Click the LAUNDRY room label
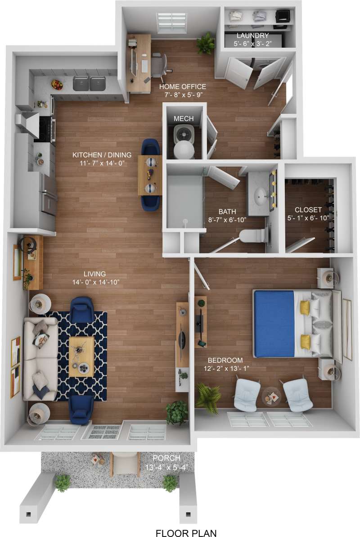coord(252,36)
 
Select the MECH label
coord(184,119)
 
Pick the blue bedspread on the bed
coord(274,323)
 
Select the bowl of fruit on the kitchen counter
coord(57,84)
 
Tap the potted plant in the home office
coord(207,42)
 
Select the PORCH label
coord(166,459)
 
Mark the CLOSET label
coord(308,210)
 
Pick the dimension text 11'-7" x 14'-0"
coord(99,163)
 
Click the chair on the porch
coord(125,464)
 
